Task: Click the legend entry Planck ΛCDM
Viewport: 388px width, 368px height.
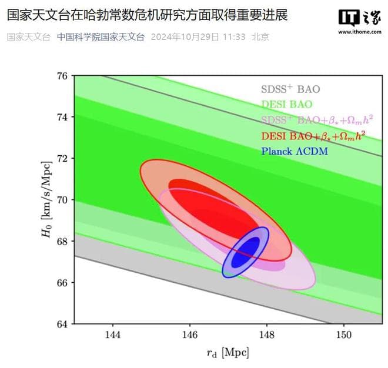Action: click(294, 151)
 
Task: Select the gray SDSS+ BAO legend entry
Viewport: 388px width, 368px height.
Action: click(290, 89)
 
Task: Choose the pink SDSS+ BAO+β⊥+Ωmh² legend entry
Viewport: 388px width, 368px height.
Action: click(318, 121)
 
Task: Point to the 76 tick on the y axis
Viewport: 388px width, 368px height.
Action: click(62, 76)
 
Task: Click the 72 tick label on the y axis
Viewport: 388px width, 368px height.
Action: click(62, 159)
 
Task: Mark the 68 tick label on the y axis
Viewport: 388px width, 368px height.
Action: click(62, 241)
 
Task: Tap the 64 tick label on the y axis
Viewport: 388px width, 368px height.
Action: click(62, 324)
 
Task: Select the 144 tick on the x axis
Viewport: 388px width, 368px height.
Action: click(112, 335)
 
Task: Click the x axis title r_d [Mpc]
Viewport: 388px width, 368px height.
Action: click(228, 353)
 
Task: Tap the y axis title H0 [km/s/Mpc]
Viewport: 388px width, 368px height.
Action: click(45, 200)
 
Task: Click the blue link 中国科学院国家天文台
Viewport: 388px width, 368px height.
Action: click(101, 36)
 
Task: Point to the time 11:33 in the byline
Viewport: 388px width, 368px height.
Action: click(233, 36)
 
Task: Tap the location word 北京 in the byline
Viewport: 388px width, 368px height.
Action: click(260, 36)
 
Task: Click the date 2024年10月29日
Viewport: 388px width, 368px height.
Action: click(185, 36)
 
